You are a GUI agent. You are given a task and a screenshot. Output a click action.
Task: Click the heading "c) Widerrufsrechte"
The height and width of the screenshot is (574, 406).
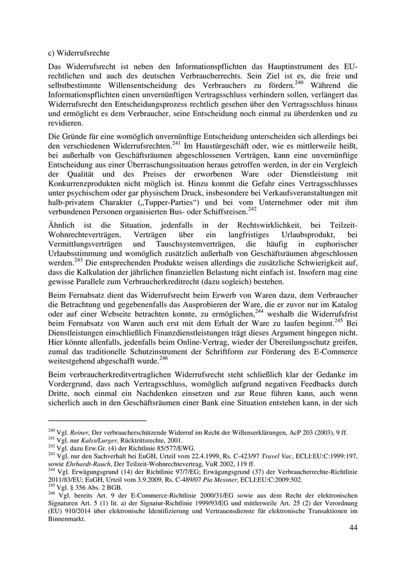[78, 53]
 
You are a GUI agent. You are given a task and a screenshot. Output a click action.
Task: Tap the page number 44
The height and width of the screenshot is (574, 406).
[353, 528]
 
